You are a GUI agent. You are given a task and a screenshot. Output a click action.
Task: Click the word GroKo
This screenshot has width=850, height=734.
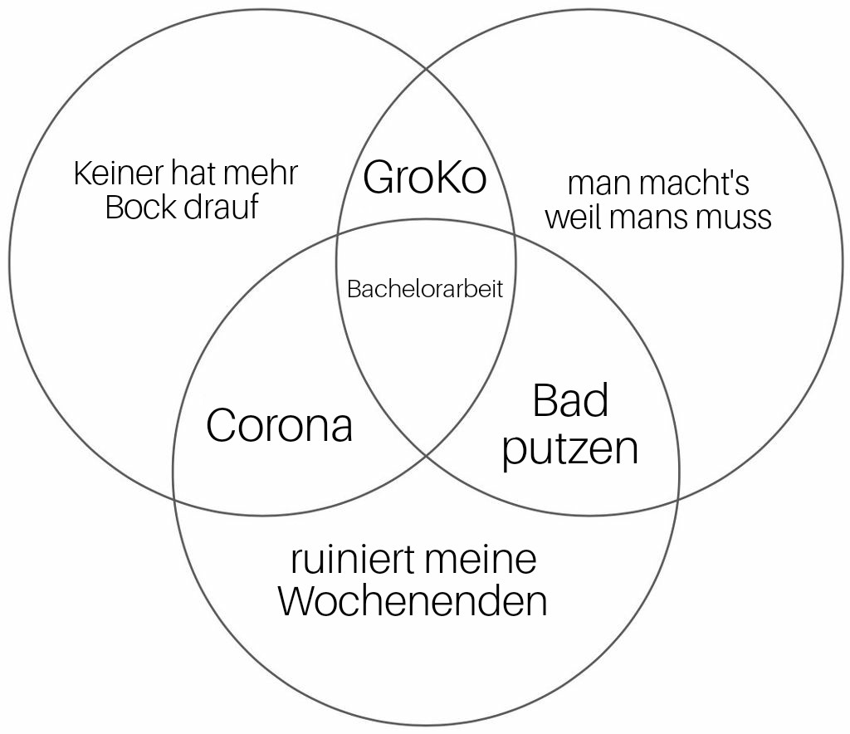tap(425, 177)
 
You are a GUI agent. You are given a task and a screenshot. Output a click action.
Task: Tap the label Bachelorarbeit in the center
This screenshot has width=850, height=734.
tap(425, 288)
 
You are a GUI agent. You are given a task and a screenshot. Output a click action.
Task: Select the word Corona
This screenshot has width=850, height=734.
tap(279, 425)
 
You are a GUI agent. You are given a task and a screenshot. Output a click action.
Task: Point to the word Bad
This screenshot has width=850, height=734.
tap(570, 400)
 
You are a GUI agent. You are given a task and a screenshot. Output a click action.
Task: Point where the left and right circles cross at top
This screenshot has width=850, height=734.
tap(427, 69)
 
